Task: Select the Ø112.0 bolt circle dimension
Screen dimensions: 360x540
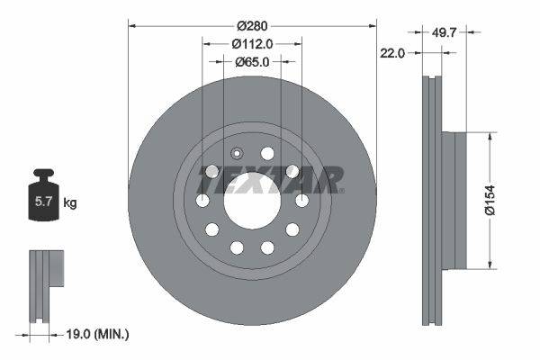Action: point(252,43)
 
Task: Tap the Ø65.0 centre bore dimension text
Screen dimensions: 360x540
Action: point(252,62)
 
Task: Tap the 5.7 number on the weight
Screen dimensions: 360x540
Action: point(42,202)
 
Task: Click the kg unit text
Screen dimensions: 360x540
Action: point(70,203)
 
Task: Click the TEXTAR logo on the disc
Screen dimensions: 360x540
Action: point(270,180)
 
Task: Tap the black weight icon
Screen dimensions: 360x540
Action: point(42,193)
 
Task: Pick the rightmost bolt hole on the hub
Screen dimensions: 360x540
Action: point(301,200)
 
